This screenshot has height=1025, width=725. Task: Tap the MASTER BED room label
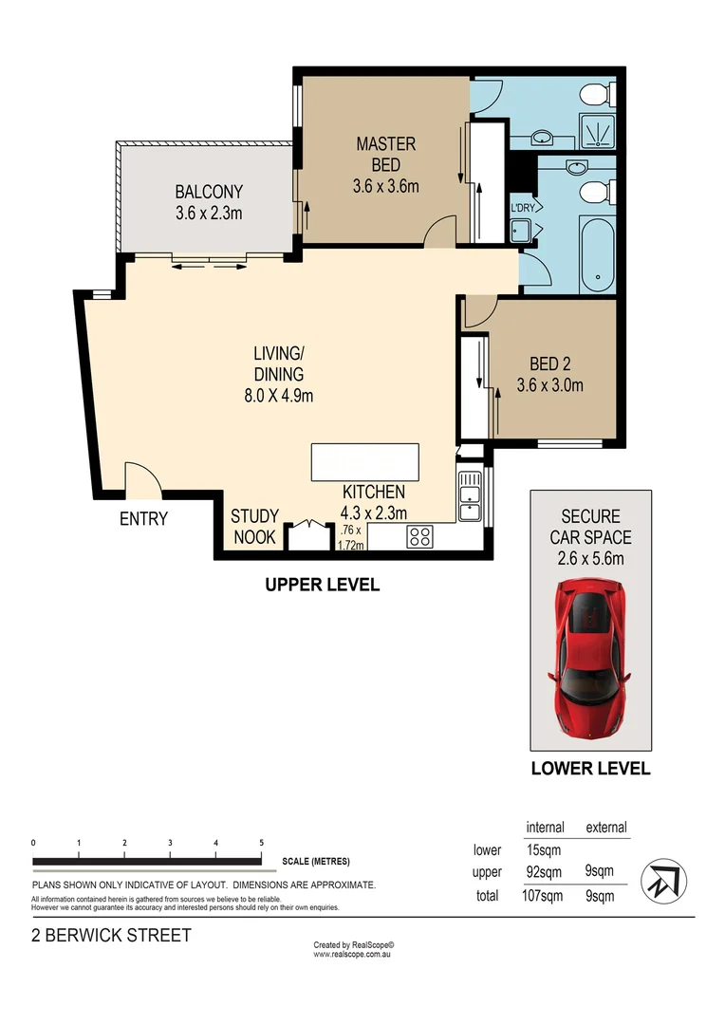coord(385,164)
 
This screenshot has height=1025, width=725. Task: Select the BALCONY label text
coord(209,201)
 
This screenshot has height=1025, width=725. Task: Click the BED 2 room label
coord(549,374)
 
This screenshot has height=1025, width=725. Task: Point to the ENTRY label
coord(143,519)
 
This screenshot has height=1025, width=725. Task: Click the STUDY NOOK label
coord(254,527)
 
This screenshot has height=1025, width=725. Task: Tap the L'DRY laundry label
coord(522,209)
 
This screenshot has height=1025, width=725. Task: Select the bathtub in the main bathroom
coord(598,254)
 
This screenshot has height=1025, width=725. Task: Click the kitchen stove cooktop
coord(419,536)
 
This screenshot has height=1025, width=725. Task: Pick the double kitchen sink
coord(469,497)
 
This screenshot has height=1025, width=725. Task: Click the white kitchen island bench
coord(364,463)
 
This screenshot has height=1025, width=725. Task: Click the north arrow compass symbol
coord(660,880)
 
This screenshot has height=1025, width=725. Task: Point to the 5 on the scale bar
coord(261,843)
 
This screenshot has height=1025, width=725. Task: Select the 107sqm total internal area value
coord(544,894)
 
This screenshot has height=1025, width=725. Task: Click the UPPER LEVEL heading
coord(322,585)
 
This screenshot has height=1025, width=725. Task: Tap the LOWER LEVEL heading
coord(590,769)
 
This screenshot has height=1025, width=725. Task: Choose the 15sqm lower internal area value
coord(544,850)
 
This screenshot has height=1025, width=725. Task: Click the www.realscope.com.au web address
coord(353,954)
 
